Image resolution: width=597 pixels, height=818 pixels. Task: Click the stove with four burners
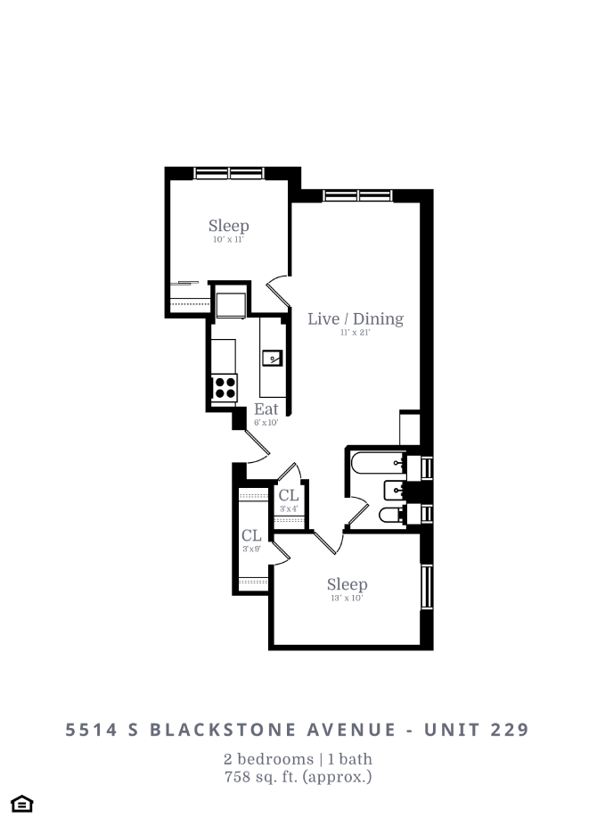point(225,387)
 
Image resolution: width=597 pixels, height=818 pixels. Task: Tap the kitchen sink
point(272,359)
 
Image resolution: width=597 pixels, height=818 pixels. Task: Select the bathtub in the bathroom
point(376,464)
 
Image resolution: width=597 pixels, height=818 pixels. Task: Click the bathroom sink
point(394,490)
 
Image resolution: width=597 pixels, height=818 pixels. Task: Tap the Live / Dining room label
point(355,318)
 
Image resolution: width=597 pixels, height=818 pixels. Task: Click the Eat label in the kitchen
point(266,409)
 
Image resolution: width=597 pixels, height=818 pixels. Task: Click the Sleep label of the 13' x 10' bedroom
point(347,584)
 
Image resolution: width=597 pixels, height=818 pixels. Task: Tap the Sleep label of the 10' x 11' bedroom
point(228,226)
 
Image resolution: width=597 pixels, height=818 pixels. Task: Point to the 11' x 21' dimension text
point(355,333)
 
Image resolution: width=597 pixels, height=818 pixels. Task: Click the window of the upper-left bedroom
point(227,172)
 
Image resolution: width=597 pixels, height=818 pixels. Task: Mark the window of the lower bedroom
point(427,587)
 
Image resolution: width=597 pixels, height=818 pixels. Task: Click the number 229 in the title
point(510,730)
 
